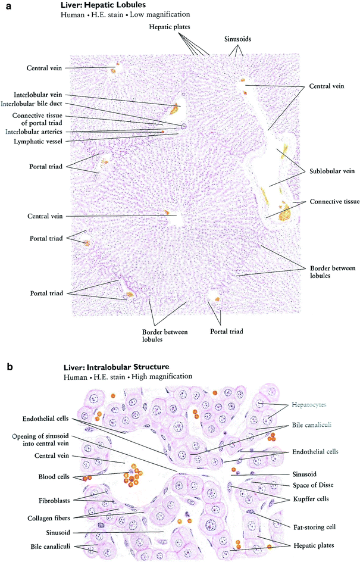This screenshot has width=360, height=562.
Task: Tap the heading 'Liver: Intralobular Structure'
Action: (115, 367)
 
